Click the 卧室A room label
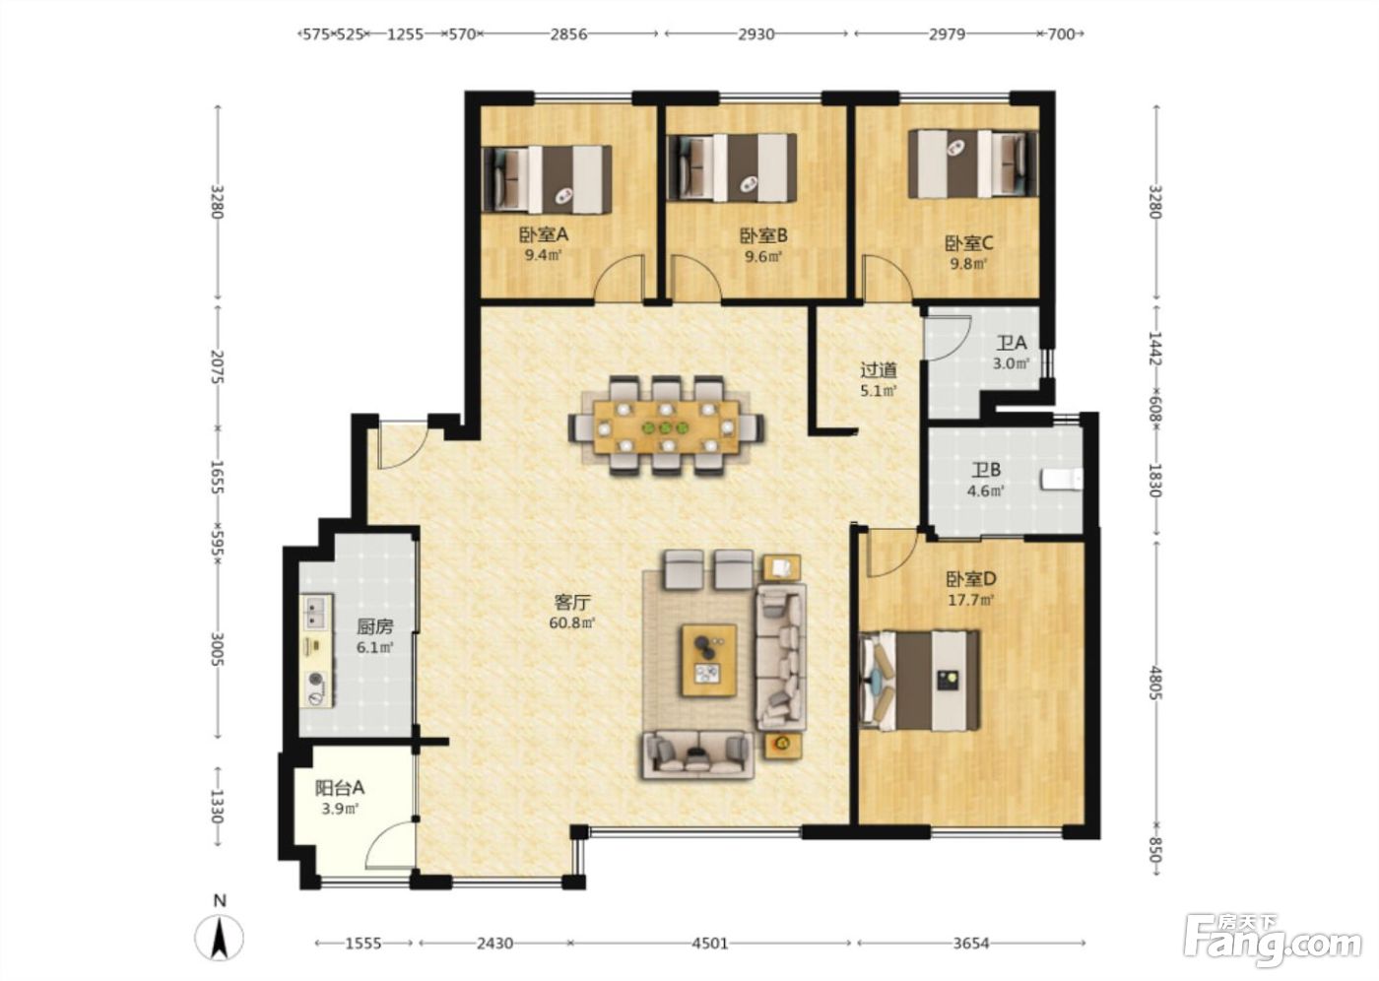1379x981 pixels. coord(544,234)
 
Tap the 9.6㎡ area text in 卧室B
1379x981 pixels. coord(763,257)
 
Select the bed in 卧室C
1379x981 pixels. coord(974,163)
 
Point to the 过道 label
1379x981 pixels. coord(879,370)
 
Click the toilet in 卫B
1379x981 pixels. coord(1062,480)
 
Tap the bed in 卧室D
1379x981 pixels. coord(919,681)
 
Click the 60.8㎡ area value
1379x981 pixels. coord(572,622)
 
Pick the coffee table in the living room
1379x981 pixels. coord(709,661)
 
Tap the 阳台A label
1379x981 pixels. coord(340,788)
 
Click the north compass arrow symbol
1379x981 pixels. coord(219,939)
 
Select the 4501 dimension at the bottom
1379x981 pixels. coord(710,944)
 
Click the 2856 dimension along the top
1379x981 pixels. coord(568,33)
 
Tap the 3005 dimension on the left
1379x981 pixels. coord(217,649)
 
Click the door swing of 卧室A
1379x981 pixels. coord(620,278)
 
